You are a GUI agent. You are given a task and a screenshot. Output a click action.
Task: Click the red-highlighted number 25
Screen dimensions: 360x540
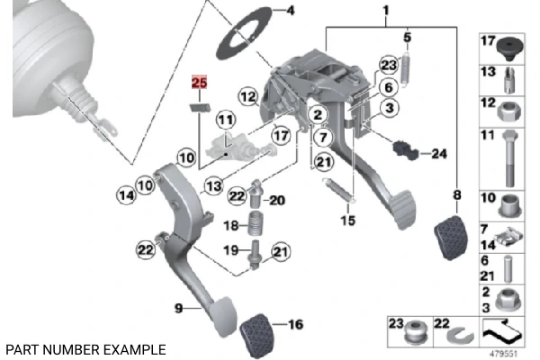(199, 84)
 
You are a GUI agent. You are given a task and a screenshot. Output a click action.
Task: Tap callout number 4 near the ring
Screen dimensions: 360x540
(289, 11)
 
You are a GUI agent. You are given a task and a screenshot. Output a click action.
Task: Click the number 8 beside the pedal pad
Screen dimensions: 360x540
(457, 194)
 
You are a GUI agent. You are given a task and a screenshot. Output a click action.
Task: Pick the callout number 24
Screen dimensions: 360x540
(438, 154)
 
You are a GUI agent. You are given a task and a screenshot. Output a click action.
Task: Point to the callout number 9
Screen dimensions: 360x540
(179, 309)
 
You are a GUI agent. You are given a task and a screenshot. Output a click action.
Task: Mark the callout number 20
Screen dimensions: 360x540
(276, 200)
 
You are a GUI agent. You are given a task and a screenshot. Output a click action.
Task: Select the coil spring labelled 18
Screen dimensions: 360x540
(255, 225)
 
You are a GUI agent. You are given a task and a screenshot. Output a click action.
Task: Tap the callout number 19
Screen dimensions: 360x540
(230, 250)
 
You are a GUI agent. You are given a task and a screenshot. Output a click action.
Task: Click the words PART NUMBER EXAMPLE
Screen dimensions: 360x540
(85, 348)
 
